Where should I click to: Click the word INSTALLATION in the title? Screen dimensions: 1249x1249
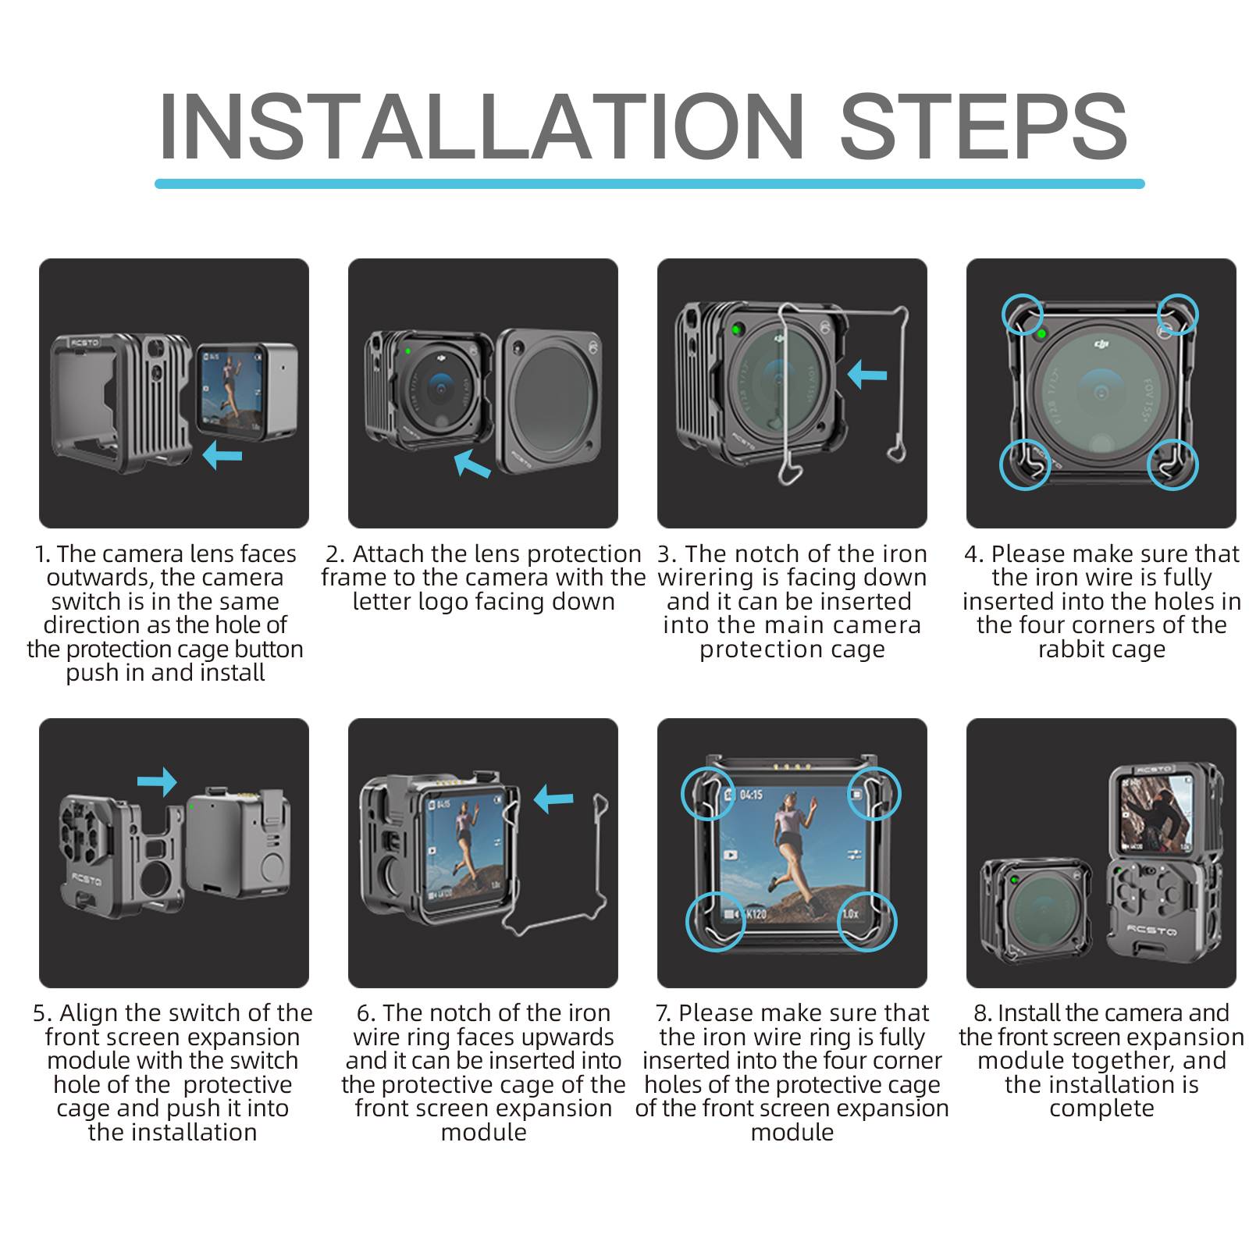coord(480,126)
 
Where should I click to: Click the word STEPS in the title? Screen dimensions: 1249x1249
coord(983,126)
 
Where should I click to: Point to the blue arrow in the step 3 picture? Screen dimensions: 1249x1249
coord(866,374)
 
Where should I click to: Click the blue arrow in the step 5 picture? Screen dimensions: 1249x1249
coord(157,781)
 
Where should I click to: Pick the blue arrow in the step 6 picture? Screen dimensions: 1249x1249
coord(553,799)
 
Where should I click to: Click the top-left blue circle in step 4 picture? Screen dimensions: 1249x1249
coord(1023,315)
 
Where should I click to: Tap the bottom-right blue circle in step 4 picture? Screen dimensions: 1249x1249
coord(1172,464)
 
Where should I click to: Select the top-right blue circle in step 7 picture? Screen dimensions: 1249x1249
coord(874,794)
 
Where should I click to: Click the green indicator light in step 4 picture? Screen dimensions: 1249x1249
coord(1041,335)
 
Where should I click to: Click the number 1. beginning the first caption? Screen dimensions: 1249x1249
coord(42,554)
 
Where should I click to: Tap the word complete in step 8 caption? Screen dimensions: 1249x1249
coord(1101,1108)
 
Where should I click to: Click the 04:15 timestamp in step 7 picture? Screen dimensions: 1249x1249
coord(750,795)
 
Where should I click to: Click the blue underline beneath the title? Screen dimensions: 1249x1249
coord(649,183)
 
